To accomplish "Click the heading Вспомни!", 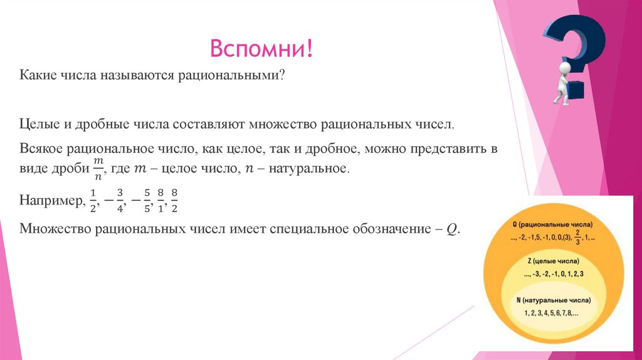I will pyautogui.click(x=262, y=49).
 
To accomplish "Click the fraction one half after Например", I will pyautogui.click(x=92, y=201).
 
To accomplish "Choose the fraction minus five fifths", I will pyautogui.click(x=142, y=201).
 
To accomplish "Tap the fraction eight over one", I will pyautogui.click(x=161, y=201).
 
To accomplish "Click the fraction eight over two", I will pyautogui.click(x=175, y=201).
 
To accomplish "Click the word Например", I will pyautogui.click(x=51, y=201).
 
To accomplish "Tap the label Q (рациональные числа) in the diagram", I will pyautogui.click(x=552, y=224).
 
